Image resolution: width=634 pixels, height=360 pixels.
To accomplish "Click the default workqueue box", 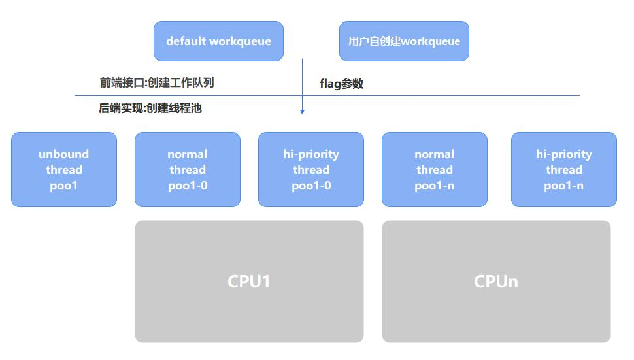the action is (x=218, y=41).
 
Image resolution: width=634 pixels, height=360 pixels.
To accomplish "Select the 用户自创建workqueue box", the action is (x=404, y=41).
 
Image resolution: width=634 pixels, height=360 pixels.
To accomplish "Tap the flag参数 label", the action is (x=341, y=84).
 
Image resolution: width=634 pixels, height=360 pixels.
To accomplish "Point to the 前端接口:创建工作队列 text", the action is (x=157, y=82).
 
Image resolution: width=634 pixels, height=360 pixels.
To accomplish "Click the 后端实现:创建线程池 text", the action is (x=150, y=108).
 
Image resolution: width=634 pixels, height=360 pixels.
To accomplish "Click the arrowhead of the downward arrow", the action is (x=302, y=112).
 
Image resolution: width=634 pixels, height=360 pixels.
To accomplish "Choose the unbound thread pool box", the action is (x=64, y=169).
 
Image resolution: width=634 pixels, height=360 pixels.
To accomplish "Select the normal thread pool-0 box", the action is (x=188, y=169).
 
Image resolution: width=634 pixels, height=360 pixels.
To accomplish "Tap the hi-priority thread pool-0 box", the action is (x=311, y=169).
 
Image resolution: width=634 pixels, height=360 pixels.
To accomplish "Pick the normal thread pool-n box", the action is (x=435, y=169).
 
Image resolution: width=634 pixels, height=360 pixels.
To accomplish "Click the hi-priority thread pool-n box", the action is (x=564, y=169).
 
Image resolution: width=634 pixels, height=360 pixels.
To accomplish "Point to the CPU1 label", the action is (x=248, y=282).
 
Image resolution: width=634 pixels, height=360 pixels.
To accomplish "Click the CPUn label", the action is (x=496, y=282).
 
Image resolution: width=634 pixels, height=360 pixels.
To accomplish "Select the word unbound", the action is (x=64, y=154).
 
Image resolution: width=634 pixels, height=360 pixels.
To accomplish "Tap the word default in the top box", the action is (x=186, y=41).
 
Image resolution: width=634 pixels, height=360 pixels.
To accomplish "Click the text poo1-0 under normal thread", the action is (x=188, y=186).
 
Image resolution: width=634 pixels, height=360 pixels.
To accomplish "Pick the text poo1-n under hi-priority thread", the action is (x=563, y=186).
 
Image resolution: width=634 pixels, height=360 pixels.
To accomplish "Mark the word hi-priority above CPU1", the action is (x=311, y=154).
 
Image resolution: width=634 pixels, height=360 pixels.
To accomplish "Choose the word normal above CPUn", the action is (x=434, y=154).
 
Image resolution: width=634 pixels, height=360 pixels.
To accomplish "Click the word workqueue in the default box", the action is (x=241, y=41).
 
